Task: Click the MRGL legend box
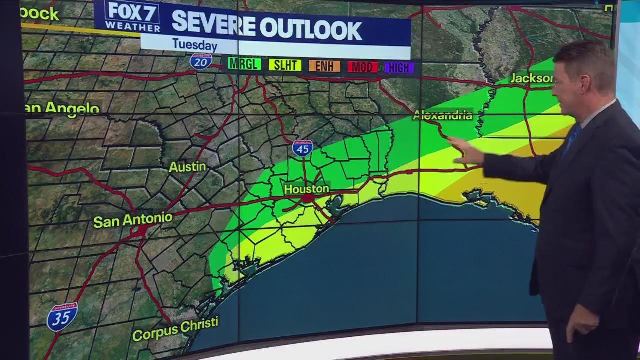pos(244,64)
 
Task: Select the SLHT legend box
pos(285,65)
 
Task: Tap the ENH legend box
pos(324,66)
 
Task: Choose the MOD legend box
pos(362,67)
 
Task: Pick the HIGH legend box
pos(399,68)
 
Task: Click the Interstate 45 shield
pos(303,148)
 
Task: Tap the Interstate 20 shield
pos(201,62)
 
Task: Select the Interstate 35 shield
pos(62,316)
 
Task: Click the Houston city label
pos(306,189)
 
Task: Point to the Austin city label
pos(187,167)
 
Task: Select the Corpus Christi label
pos(175,329)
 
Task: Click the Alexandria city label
pos(442,115)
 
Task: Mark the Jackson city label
pos(531,79)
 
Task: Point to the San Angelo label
pos(62,108)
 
